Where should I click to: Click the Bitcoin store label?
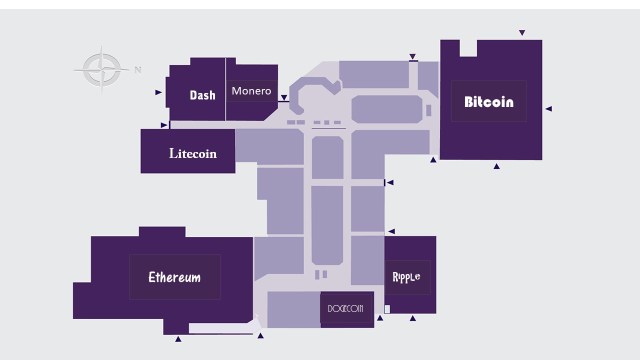click(489, 102)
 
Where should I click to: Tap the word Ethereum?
click(175, 277)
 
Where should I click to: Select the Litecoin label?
click(192, 154)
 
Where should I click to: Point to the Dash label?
click(203, 96)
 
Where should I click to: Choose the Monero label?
click(251, 91)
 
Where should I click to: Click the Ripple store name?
click(406, 276)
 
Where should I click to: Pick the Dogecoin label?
click(344, 308)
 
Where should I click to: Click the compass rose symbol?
click(101, 69)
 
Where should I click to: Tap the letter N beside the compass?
click(138, 69)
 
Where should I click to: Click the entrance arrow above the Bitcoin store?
click(521, 33)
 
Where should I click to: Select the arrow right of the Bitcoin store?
click(548, 108)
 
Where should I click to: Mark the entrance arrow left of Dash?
click(159, 92)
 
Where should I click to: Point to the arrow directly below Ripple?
click(412, 319)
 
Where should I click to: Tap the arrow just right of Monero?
click(284, 98)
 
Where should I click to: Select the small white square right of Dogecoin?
click(387, 309)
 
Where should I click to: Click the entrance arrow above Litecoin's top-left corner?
click(164, 125)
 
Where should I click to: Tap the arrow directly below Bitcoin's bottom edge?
click(496, 166)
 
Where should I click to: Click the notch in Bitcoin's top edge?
click(468, 46)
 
